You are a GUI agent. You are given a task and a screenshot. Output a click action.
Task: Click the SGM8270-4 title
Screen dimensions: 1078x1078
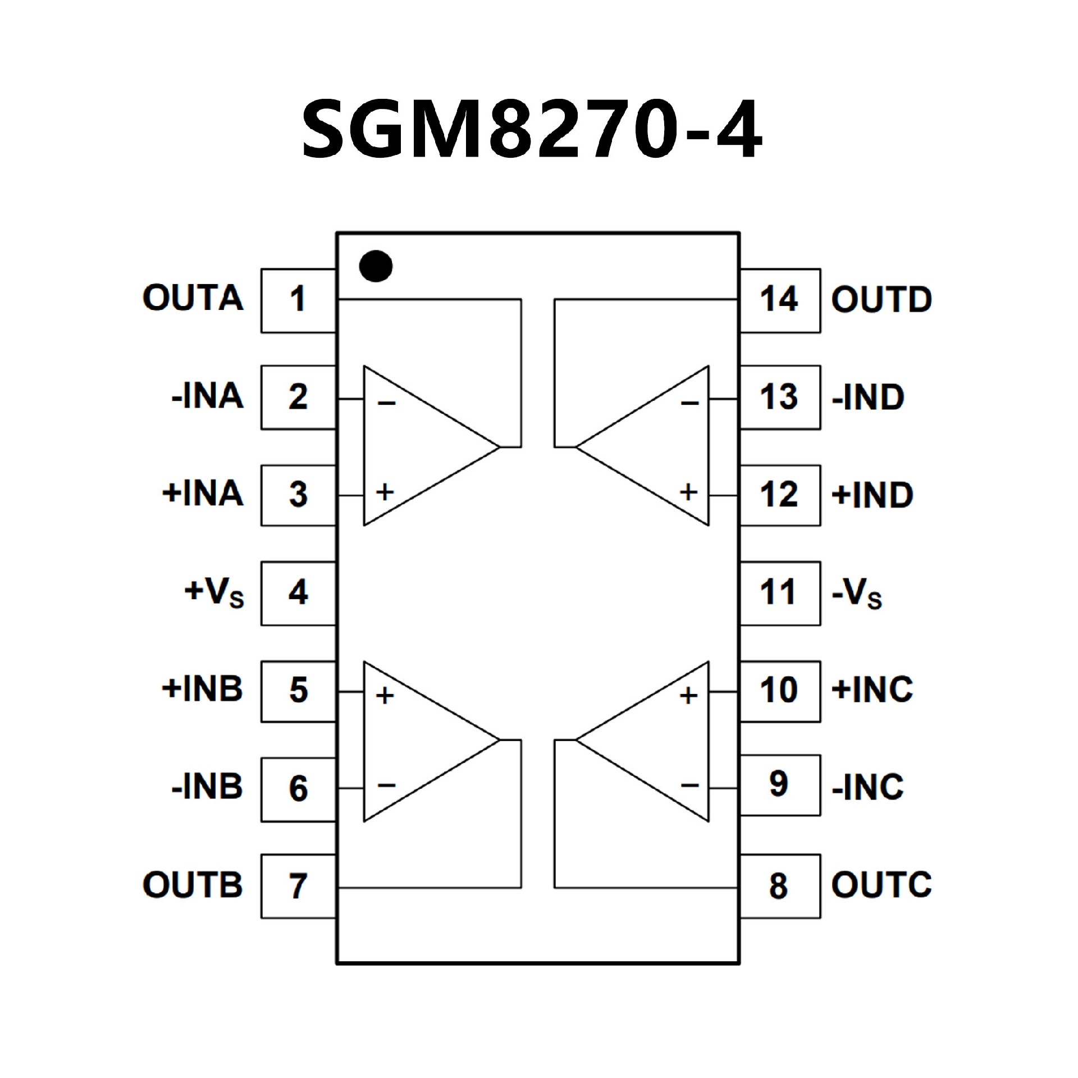(532, 129)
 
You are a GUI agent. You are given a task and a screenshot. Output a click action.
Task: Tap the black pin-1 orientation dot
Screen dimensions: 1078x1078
(376, 266)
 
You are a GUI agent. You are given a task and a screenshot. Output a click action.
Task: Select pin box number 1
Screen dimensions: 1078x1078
(298, 300)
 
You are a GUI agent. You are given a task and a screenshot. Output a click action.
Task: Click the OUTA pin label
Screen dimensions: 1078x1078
(193, 298)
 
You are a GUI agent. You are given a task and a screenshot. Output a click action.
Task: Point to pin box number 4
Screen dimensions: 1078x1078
(298, 593)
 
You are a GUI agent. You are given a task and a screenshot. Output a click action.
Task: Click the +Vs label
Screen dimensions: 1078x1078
(214, 592)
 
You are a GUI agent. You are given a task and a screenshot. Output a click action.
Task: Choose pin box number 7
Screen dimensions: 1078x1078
(298, 886)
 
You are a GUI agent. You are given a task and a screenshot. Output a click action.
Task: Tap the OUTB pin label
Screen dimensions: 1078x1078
(193, 885)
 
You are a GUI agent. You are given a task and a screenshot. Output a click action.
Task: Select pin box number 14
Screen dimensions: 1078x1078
(779, 300)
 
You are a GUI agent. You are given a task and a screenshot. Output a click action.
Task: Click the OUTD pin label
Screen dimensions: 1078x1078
(881, 300)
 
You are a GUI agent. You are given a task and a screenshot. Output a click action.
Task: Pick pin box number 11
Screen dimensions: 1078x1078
(779, 593)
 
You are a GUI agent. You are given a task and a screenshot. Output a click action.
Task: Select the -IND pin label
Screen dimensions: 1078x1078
(868, 398)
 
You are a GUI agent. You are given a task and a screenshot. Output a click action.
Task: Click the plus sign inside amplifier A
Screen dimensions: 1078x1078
(385, 492)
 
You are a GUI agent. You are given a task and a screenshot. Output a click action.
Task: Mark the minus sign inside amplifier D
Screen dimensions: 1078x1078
(689, 403)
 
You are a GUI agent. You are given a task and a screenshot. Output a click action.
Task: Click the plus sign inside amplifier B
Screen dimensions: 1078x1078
(385, 696)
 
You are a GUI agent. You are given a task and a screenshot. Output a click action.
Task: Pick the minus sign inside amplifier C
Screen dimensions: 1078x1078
(689, 785)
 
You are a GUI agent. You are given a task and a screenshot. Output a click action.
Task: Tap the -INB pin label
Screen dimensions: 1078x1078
(207, 787)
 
